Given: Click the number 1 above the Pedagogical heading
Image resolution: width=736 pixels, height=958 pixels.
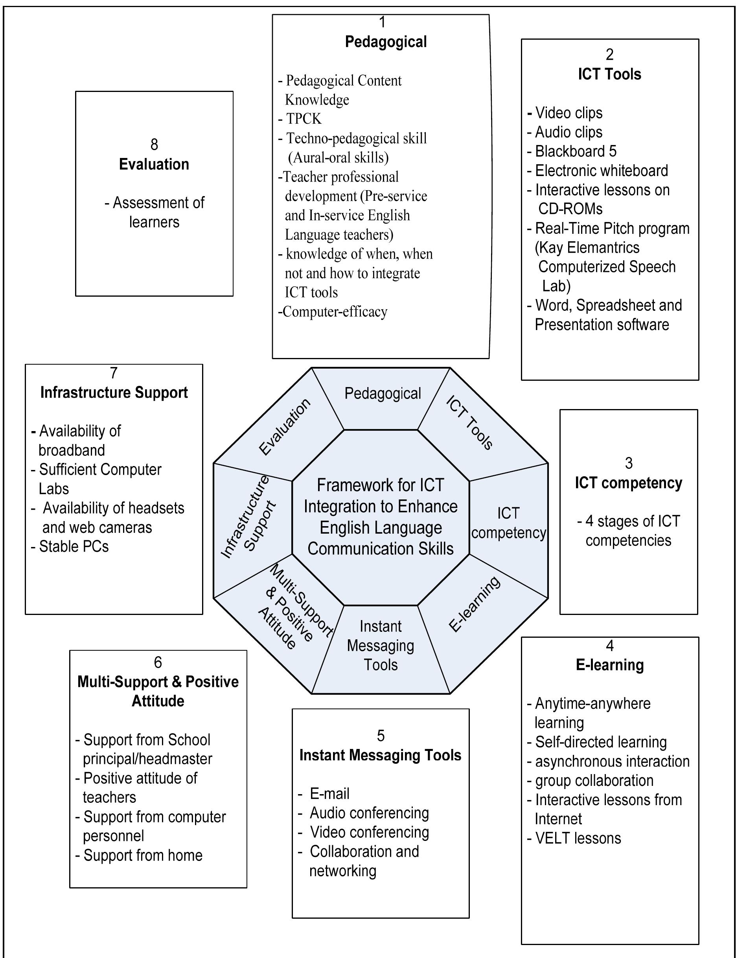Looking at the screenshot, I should pos(382,22).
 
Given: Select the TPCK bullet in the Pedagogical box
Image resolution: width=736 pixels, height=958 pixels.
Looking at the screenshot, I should pos(303,119).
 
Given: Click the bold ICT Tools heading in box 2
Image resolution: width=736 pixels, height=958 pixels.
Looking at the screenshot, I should pos(609,74).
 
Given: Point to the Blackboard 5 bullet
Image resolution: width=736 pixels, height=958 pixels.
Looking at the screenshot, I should pos(575,151).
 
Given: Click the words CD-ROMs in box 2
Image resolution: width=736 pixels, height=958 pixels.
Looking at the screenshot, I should pos(570,209).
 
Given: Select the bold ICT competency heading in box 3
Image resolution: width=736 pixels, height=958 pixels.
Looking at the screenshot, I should pos(628,483).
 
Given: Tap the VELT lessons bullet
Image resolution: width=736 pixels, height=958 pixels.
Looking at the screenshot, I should pos(578,838).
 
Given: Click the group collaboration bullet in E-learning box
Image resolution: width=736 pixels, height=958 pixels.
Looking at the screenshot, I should pos(594,780).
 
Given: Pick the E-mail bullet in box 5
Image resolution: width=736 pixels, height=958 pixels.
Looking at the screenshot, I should pos(329,793).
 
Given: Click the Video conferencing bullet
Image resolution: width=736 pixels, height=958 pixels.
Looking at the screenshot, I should pos(369,832).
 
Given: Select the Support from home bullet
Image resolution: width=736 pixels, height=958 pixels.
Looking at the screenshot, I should pos(142,855).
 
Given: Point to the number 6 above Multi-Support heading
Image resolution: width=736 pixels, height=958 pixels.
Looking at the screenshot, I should pos(158,662).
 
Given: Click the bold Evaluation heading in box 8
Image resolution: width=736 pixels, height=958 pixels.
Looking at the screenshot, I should pos(154,164).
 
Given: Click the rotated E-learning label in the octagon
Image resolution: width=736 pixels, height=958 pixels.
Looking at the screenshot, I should pos(475,604).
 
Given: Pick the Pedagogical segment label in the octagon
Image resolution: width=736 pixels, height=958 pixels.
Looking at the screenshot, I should pos(383,393).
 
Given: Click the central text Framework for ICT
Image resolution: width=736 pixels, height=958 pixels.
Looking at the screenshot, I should pos(380,485).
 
